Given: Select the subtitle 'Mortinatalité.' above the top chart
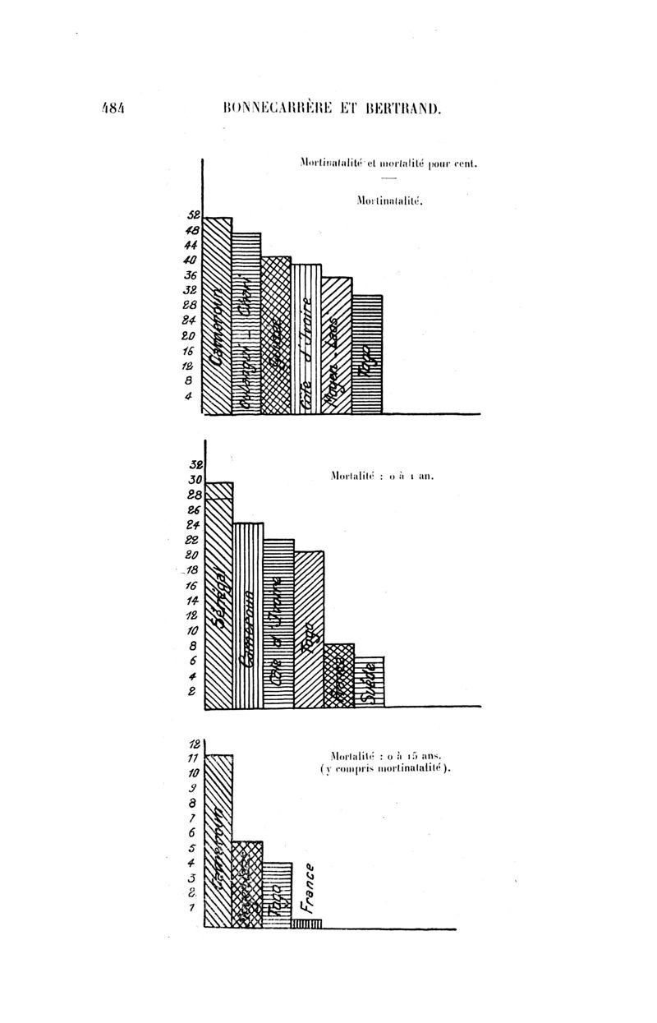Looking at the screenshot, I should (x=389, y=200).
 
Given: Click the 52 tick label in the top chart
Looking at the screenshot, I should (x=194, y=214).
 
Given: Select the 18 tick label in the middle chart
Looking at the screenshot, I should (x=193, y=571).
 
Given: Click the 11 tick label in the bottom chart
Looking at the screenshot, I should (x=194, y=758).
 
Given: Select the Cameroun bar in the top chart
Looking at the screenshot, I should (x=218, y=316).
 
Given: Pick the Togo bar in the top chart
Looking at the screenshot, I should (x=367, y=354).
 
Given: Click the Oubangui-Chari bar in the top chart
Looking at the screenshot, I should (x=246, y=324).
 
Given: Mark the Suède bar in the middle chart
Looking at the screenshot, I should (x=370, y=682).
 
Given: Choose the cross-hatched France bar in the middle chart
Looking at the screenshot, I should (x=339, y=675).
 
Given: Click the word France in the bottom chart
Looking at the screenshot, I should (x=307, y=887).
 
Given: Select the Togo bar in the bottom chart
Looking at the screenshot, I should (x=278, y=896).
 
